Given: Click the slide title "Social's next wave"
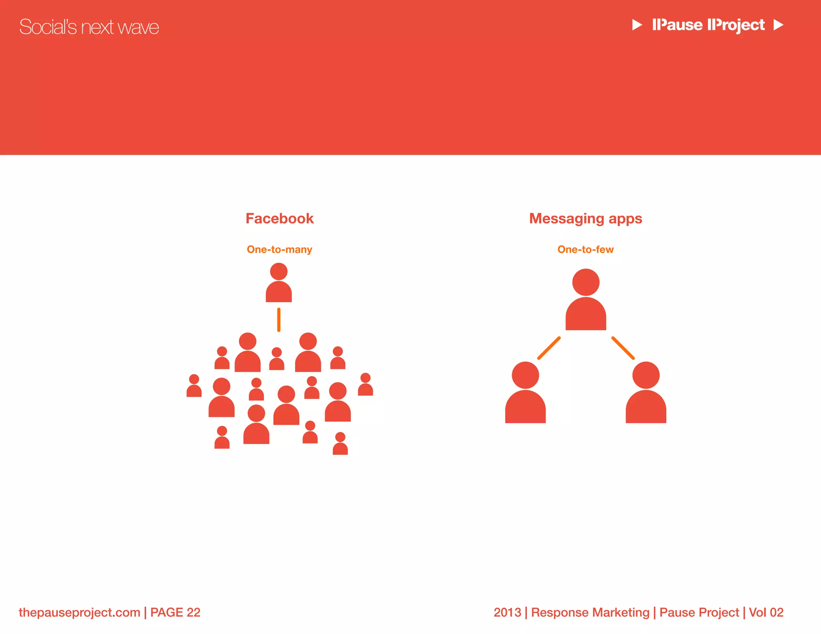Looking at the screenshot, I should tap(89, 27).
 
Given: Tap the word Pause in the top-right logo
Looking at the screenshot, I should tap(677, 25).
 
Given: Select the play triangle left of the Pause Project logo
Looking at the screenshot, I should tap(637, 25).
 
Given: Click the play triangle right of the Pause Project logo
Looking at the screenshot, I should tap(778, 25).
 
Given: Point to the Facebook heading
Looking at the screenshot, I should tap(279, 218).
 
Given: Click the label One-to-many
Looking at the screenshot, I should tap(279, 249).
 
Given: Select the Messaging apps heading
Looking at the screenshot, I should tap(585, 218).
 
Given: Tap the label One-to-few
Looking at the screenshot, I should tap(585, 249).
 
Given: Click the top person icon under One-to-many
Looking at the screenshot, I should tap(279, 283).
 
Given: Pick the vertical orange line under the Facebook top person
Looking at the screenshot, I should tap(279, 320).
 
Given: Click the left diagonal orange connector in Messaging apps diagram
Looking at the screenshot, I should tap(549, 348).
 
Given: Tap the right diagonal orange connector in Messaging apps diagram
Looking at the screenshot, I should tap(623, 348).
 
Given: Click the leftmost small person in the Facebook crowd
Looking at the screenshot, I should tap(194, 386).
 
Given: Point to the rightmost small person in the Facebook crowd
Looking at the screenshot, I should tap(365, 385).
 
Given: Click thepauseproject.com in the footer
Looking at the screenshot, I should tap(79, 612).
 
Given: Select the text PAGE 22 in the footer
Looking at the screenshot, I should tap(175, 612).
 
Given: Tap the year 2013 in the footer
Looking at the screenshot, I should tap(507, 612).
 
